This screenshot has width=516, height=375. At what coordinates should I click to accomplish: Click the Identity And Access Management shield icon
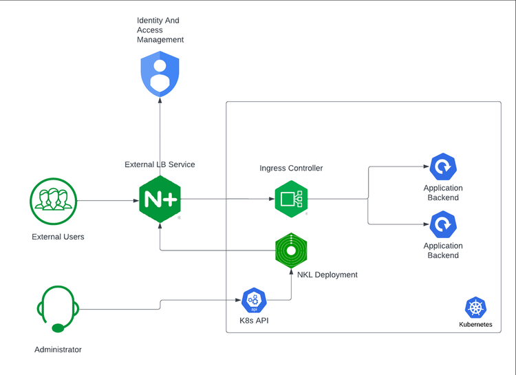point(160,75)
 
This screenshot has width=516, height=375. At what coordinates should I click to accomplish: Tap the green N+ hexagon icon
point(160,200)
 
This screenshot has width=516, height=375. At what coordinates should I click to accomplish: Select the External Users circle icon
point(53,201)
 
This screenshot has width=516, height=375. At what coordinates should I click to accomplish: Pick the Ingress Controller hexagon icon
point(291,200)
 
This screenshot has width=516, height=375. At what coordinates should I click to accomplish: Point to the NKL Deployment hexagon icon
point(291,250)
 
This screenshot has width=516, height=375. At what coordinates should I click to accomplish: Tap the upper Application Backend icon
point(443,167)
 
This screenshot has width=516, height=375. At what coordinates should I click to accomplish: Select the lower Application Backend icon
point(443,225)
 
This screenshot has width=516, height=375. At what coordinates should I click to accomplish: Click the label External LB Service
point(160,164)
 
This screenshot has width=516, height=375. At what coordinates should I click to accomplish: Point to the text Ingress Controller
point(291,168)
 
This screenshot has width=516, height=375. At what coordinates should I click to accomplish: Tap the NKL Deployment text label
point(327,275)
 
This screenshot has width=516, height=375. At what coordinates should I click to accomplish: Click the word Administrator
point(58,350)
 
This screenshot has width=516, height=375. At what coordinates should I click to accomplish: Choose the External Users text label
point(58,237)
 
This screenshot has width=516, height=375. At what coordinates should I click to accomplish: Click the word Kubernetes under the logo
point(475,324)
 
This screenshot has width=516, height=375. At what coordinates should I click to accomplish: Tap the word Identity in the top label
point(149,21)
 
